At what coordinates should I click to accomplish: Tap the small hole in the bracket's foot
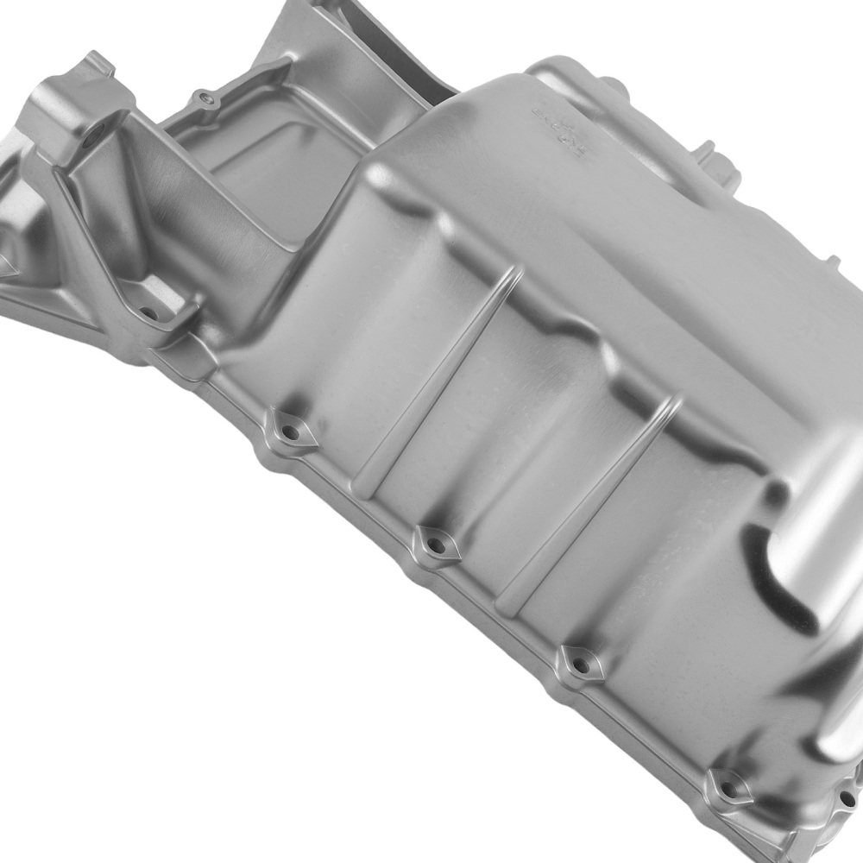(x=154, y=314)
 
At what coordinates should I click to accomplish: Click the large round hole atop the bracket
(x=90, y=133)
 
